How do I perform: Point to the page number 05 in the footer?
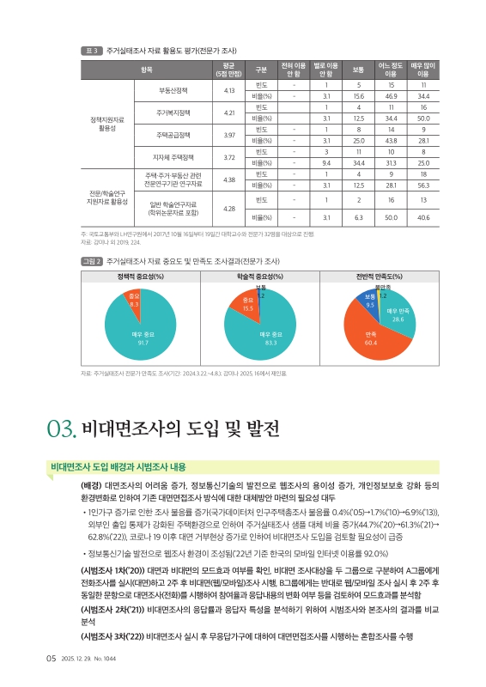tap(51, 658)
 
